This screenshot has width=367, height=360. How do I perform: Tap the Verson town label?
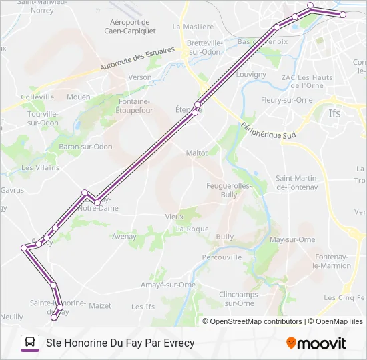coord(140,77)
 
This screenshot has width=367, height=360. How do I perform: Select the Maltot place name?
coord(197,153)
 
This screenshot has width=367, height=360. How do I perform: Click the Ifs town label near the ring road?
coord(334,113)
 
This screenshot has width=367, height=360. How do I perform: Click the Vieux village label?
coord(175,217)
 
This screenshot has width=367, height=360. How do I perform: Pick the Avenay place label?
coord(124,236)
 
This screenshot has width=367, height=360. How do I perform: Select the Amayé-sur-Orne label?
coord(168,285)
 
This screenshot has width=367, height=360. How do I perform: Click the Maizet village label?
coord(100,306)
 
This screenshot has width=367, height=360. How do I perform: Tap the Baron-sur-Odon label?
coord(86,147)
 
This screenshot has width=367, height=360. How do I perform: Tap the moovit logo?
coord(316,343)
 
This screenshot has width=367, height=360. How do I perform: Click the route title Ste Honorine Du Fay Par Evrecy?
coord(120,343)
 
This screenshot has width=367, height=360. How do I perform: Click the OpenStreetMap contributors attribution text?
coord(256,321)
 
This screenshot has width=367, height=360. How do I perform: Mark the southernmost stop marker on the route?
coord(54,317)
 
